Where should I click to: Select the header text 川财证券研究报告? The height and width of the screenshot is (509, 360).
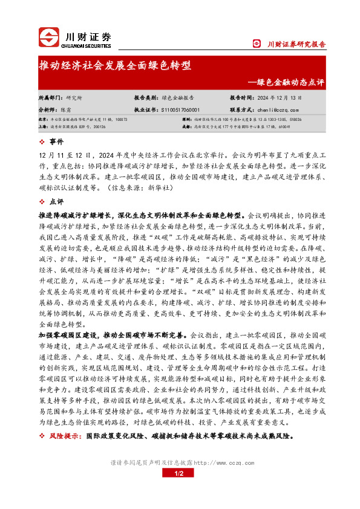coord(296,44)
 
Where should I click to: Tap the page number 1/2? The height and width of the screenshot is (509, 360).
coord(180,474)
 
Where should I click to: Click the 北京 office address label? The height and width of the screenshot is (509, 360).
coord(42,120)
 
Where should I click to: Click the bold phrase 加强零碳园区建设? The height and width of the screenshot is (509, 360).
coord(69,334)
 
